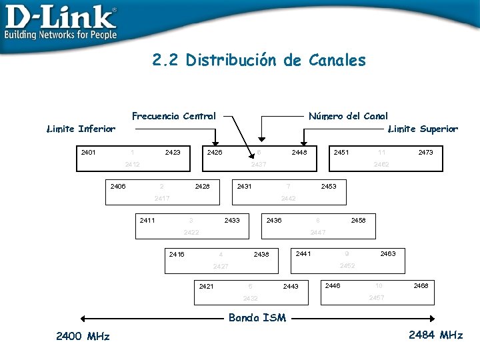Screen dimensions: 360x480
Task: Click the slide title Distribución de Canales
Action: (259, 61)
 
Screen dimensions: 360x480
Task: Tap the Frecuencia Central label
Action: (174, 116)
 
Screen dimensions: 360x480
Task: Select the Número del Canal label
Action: (348, 116)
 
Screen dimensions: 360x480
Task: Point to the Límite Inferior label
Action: (81, 129)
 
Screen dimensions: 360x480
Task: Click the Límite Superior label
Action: (423, 129)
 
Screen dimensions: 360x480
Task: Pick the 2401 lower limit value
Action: (88, 153)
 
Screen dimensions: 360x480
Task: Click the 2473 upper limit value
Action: (425, 153)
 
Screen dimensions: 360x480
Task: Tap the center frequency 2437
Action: (259, 164)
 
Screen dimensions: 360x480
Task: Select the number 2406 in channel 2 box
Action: (117, 186)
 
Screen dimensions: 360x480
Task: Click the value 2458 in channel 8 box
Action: (358, 220)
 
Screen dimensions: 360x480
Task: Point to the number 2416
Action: (177, 254)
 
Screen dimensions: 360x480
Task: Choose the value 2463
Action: (387, 254)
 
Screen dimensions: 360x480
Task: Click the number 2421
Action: (206, 286)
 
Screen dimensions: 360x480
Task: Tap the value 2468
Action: (421, 285)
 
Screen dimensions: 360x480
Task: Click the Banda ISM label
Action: (257, 318)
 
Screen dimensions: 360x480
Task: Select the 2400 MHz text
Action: (83, 335)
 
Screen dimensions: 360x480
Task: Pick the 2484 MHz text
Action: (435, 335)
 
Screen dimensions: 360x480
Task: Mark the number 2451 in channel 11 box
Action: (341, 153)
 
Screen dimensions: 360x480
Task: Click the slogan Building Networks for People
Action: (61, 35)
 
